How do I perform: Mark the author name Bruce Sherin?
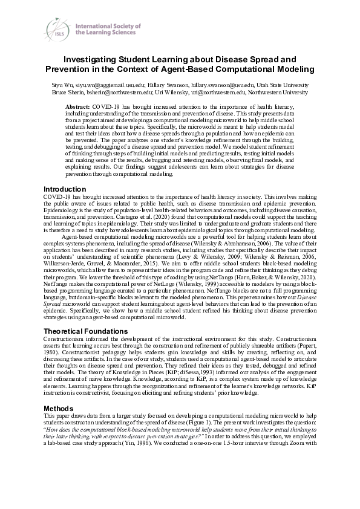(x=64, y=93)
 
